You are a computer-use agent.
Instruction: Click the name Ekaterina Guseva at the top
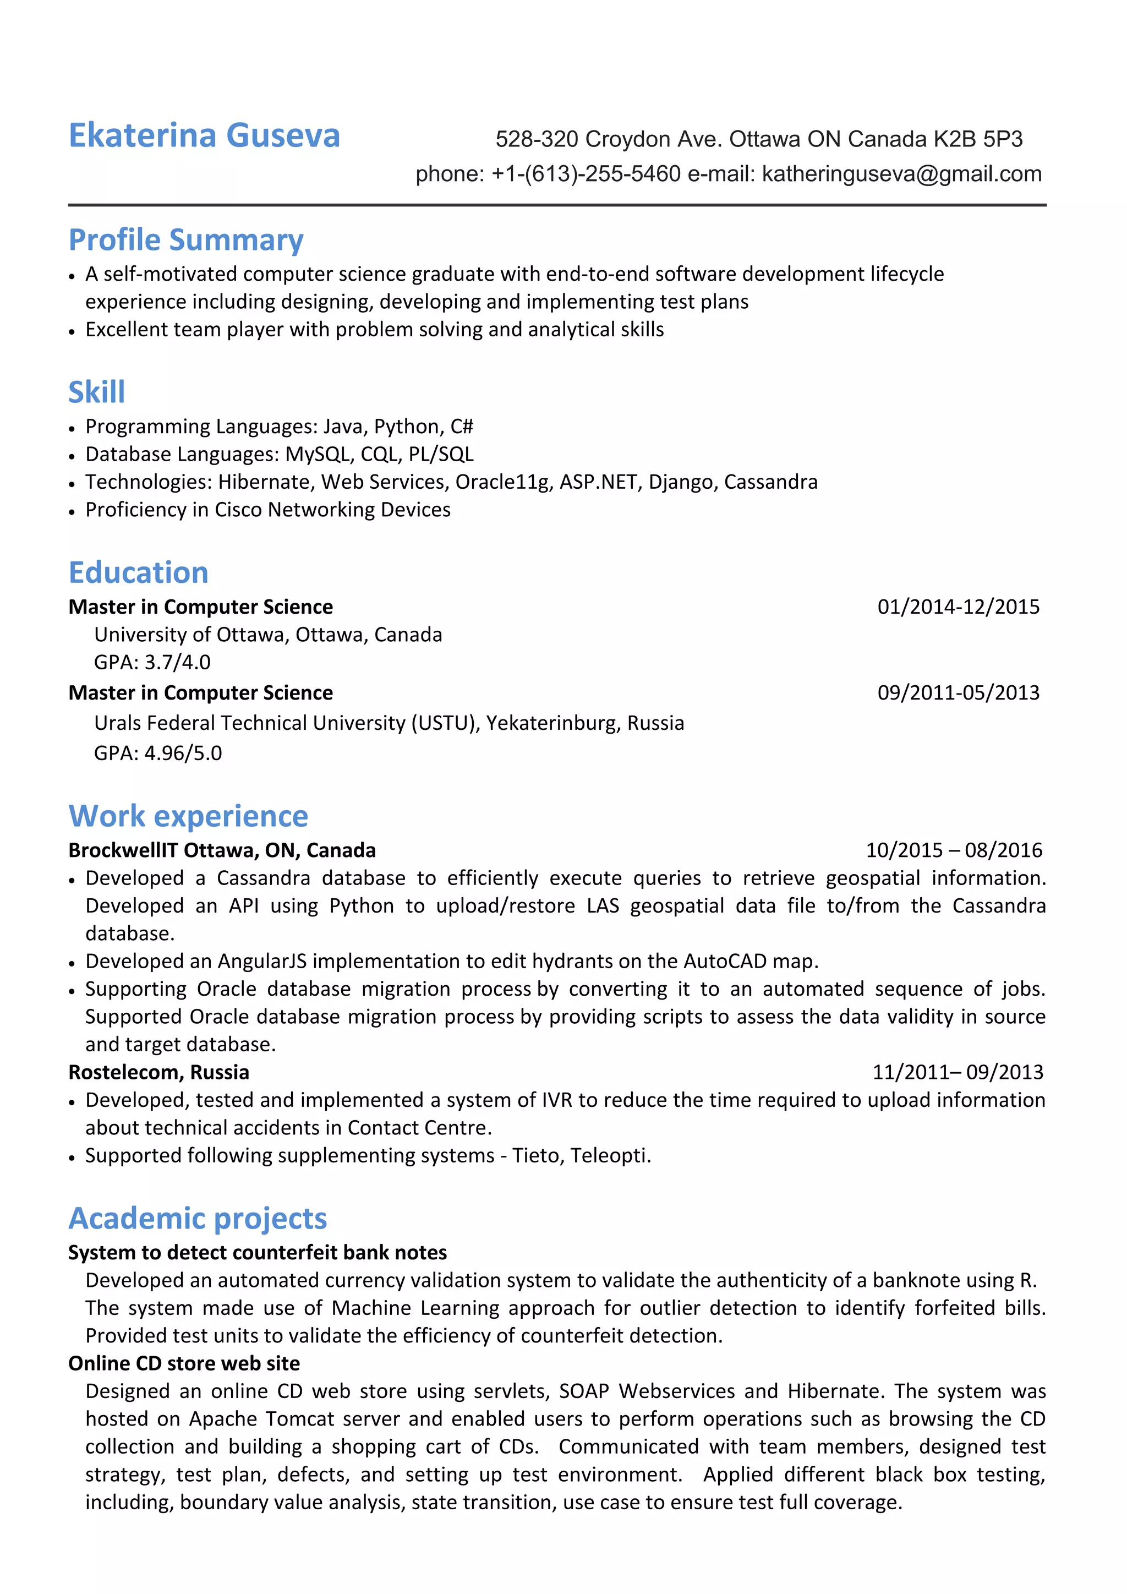[204, 135]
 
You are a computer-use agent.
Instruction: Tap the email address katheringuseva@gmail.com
[901, 173]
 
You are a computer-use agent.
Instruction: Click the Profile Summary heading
[186, 240]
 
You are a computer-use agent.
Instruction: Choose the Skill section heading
[96, 392]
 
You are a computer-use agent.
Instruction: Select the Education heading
[138, 573]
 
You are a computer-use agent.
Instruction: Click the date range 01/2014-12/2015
[958, 607]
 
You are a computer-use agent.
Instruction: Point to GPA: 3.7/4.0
[152, 662]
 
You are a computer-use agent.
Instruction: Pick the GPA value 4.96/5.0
[183, 754]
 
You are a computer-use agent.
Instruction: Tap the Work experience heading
[188, 816]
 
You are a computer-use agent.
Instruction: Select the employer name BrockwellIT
[123, 850]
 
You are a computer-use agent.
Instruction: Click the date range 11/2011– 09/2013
[957, 1073]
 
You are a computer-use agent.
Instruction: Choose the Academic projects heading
[198, 1219]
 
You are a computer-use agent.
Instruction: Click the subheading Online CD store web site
[184, 1363]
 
